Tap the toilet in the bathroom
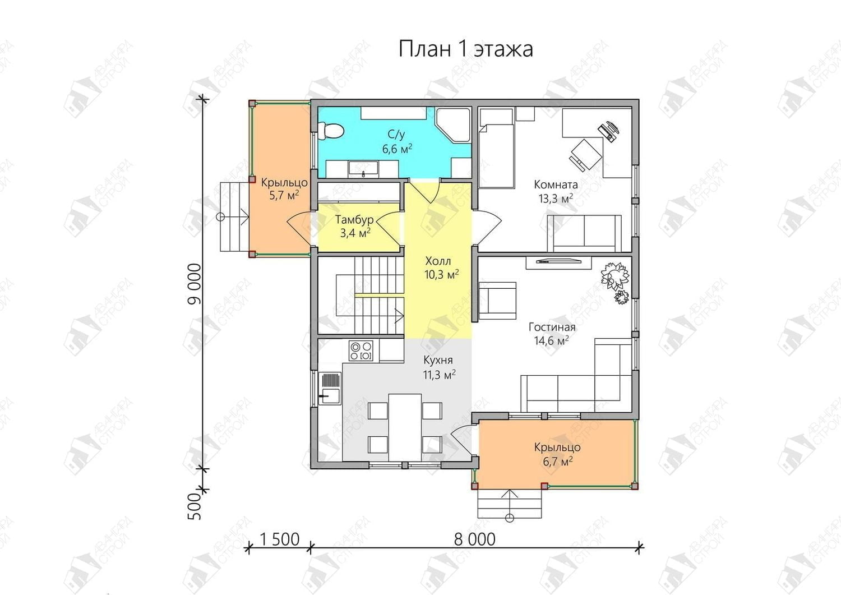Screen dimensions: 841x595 pos(330,131)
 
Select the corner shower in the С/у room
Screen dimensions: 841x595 pos(453,126)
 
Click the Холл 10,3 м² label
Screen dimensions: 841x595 pos(442,268)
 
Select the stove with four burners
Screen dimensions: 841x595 pos(361,350)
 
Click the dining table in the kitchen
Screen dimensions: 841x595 pos(405,427)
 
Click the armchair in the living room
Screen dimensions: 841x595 pos(497,301)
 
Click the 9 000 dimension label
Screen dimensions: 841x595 pos(195,284)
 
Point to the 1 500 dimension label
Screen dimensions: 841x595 pos(279,540)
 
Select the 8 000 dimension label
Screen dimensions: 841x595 pos(474,540)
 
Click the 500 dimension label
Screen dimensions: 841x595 pos(195,506)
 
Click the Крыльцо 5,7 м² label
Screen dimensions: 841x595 pos(284,189)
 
